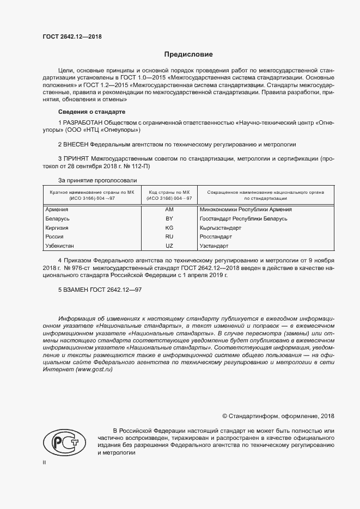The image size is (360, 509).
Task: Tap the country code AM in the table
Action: tap(169, 210)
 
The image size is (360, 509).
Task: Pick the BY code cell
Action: tap(169, 219)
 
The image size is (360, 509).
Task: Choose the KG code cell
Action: tap(169, 228)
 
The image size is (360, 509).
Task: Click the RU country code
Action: tap(169, 237)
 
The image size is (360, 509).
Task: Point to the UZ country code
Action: tap(169, 246)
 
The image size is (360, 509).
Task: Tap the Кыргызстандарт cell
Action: tap(220, 228)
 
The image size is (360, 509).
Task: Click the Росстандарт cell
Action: tap(216, 237)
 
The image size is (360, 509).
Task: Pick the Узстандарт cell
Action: tap(215, 246)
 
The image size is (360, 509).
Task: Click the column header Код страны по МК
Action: tap(169, 192)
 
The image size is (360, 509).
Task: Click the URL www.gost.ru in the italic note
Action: tap(94, 369)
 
